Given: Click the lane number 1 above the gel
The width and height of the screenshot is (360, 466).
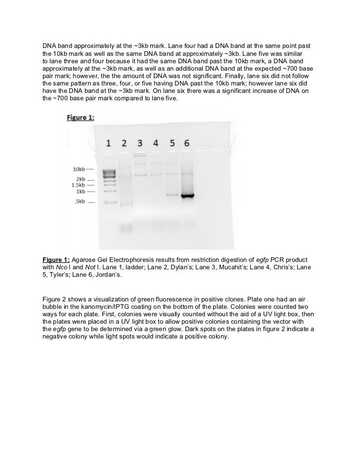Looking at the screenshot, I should pyautogui.click(x=108, y=143).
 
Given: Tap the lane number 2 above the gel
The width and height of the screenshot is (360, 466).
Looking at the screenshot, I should pyautogui.click(x=124, y=143).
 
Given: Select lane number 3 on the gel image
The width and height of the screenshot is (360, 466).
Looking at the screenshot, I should pyautogui.click(x=140, y=143).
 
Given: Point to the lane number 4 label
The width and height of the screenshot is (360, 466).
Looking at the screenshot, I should pyautogui.click(x=156, y=143).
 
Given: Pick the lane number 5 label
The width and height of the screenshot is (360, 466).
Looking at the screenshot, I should pyautogui.click(x=172, y=143).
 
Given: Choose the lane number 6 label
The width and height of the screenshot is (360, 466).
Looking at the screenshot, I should pyautogui.click(x=186, y=143).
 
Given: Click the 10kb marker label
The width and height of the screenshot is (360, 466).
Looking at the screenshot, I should pyautogui.click(x=79, y=169).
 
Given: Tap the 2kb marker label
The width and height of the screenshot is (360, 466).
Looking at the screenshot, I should pyautogui.click(x=81, y=179).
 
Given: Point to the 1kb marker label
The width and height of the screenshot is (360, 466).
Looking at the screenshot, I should pyautogui.click(x=81, y=191).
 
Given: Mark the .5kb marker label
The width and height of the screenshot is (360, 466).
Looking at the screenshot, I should pyautogui.click(x=79, y=202).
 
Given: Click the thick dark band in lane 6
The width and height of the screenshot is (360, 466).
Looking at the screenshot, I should pyautogui.click(x=186, y=196).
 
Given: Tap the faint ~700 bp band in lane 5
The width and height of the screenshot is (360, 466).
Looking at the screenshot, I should pyautogui.click(x=172, y=195).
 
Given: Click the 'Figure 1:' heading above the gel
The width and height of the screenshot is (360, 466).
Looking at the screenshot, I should pyautogui.click(x=81, y=118).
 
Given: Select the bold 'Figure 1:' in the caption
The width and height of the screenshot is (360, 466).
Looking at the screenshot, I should pyautogui.click(x=56, y=260).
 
